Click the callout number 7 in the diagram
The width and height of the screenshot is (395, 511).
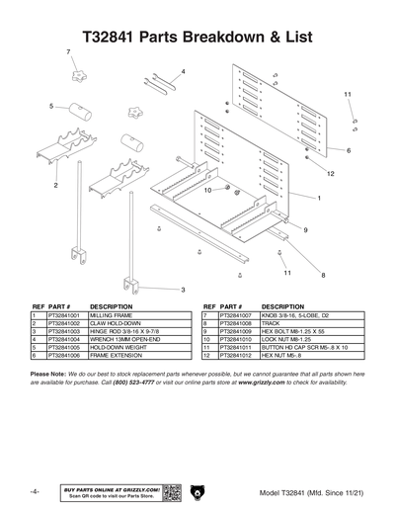(68, 50)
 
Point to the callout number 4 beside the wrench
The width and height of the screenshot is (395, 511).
(182, 71)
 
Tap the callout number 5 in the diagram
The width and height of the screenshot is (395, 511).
(50, 105)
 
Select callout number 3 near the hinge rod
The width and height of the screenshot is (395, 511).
(183, 289)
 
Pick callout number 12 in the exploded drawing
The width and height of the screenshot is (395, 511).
(330, 174)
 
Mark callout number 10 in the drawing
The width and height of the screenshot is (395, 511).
(208, 190)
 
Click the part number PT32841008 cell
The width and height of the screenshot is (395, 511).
(237, 323)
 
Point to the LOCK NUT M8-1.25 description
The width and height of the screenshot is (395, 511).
(289, 340)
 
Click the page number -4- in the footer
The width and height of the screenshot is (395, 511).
(35, 491)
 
